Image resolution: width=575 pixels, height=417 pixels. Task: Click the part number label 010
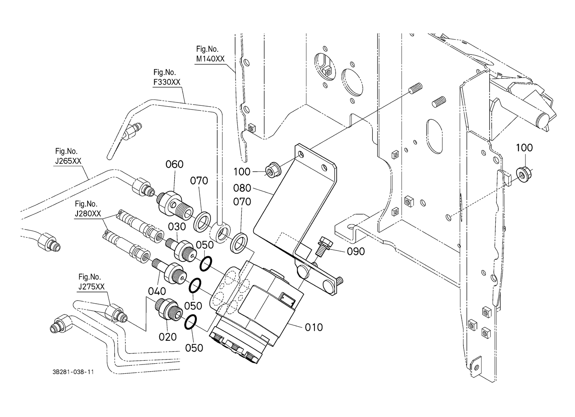pyautogui.click(x=314, y=327)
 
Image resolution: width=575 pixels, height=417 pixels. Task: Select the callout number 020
pyautogui.click(x=168, y=336)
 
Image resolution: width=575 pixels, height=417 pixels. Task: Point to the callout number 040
pyautogui.click(x=157, y=291)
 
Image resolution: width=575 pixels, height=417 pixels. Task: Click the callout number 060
pyautogui.click(x=174, y=165)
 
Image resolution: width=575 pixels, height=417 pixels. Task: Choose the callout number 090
pyautogui.click(x=356, y=251)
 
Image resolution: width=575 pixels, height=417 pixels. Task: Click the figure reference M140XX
pyautogui.click(x=210, y=59)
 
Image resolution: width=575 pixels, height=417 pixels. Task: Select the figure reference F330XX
pyautogui.click(x=167, y=82)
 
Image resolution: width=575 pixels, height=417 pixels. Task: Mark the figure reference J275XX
pyautogui.click(x=91, y=286)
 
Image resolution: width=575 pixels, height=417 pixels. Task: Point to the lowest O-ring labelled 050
pyautogui.click(x=190, y=322)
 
